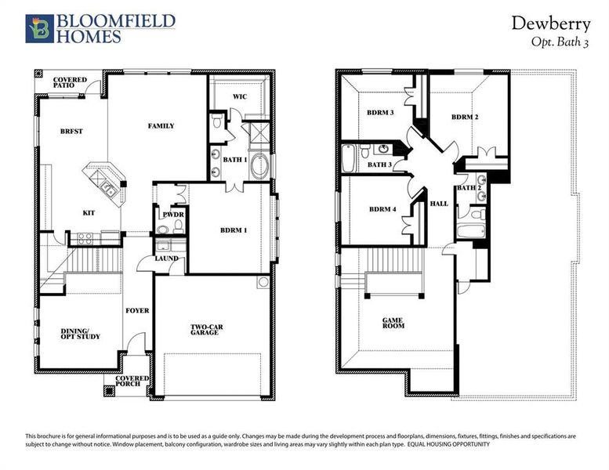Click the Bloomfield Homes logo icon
pyautogui.click(x=39, y=28)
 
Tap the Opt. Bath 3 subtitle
pyautogui.click(x=560, y=43)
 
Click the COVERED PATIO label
pyautogui.click(x=70, y=83)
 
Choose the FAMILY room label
pyautogui.click(x=161, y=125)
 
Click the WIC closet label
pyautogui.click(x=240, y=97)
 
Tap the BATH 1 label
pyautogui.click(x=235, y=160)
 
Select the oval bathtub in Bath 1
pyautogui.click(x=261, y=167)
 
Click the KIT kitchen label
pyautogui.click(x=89, y=212)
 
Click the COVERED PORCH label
pyautogui.click(x=132, y=382)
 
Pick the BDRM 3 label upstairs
pyautogui.click(x=380, y=112)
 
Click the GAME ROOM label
pyautogui.click(x=393, y=324)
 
